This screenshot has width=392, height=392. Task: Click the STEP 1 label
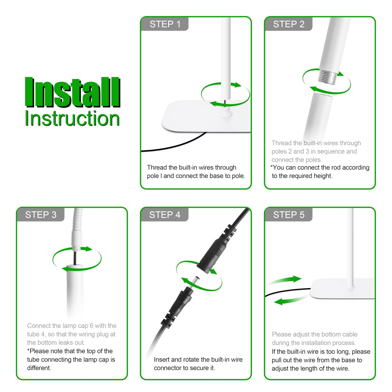[x=165, y=24]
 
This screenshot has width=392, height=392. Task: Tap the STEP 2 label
[x=289, y=24]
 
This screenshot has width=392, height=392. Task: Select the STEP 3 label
[x=41, y=215]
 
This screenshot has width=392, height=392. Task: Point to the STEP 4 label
[x=165, y=215]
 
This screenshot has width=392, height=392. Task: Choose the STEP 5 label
[x=289, y=215]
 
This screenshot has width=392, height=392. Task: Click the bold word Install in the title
[x=73, y=92]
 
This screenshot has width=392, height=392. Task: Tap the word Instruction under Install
[x=72, y=119]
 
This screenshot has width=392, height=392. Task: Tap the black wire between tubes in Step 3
[x=75, y=258]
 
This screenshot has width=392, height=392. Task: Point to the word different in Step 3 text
[x=39, y=368]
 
